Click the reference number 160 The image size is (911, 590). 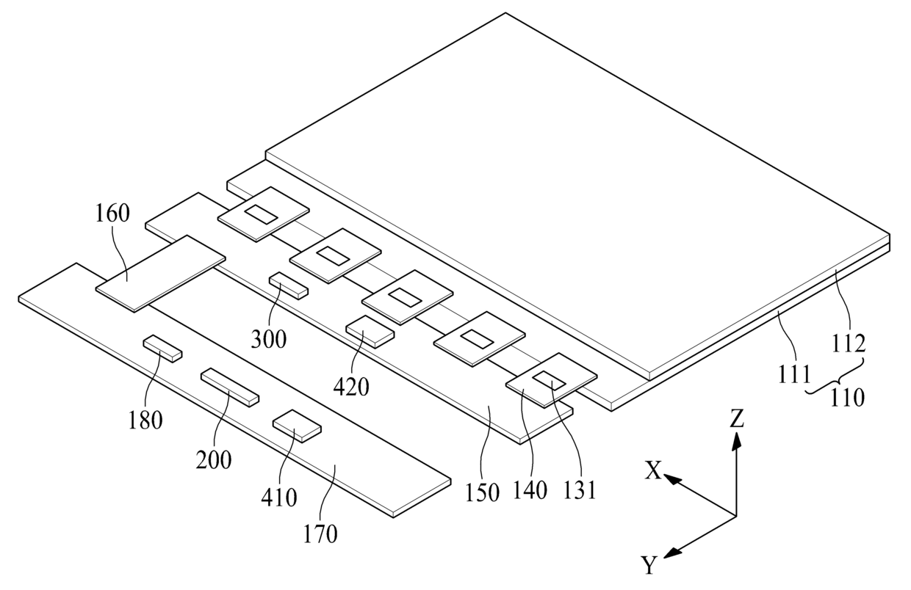tap(112, 214)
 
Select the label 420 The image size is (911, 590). tap(351, 386)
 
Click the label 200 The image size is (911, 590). tap(214, 460)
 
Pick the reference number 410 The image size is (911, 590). tap(280, 498)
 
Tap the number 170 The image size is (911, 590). tap(320, 533)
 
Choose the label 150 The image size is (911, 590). tap(481, 491)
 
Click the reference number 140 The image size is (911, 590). tap(531, 490)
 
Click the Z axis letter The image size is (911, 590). tap(737, 418)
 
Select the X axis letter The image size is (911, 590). tap(654, 471)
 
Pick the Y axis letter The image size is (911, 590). tap(648, 566)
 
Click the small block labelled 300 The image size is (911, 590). tap(289, 284)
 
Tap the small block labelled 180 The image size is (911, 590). tap(162, 348)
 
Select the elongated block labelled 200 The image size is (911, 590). tap(231, 387)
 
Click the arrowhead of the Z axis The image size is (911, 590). tap(737, 438)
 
